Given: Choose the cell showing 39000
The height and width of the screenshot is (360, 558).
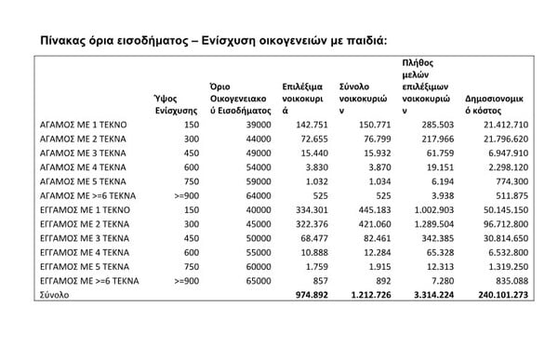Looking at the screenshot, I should pyautogui.click(x=239, y=124).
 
